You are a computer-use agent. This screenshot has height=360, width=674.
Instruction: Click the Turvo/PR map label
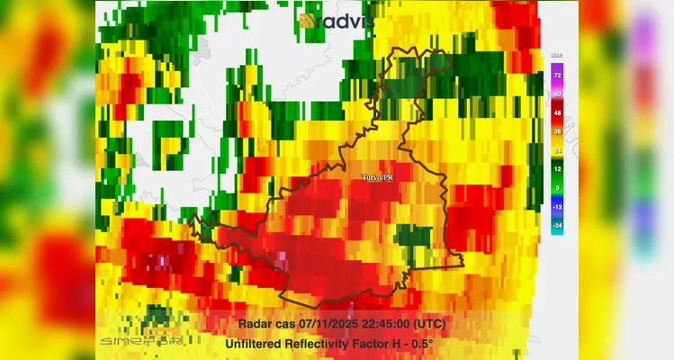tap(377, 178)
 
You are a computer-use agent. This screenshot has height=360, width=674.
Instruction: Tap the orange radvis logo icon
tap(310, 20)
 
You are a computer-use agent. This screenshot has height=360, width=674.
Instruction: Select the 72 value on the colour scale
tap(557, 75)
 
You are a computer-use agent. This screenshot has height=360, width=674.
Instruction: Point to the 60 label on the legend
tap(557, 94)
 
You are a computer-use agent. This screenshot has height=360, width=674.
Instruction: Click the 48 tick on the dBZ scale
tap(557, 112)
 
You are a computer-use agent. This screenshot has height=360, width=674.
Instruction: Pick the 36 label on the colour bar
tap(557, 131)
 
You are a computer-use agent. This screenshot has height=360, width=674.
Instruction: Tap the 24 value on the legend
tap(557, 150)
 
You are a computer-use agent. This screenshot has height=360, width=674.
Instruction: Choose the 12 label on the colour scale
tap(557, 169)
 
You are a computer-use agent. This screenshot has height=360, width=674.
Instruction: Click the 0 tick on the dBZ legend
tap(557, 188)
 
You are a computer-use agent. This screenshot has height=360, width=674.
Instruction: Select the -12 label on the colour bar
tap(557, 207)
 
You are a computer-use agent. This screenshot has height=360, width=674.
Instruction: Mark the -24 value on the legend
tap(557, 225)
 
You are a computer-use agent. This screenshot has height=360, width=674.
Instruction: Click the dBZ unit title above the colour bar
tap(557, 56)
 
